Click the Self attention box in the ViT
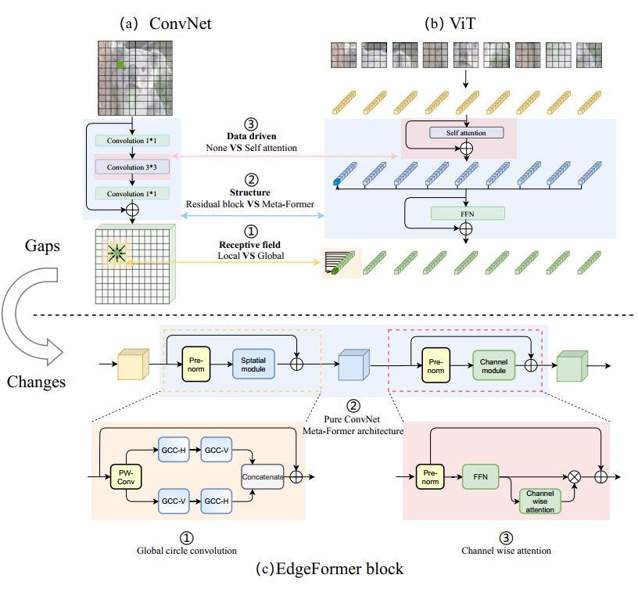[467, 133]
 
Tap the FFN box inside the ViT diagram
[467, 213]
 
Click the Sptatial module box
[253, 364]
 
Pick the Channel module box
[493, 364]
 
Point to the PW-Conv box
[126, 476]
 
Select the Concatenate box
[262, 476]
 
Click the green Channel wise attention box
[540, 501]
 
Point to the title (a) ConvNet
[165, 23]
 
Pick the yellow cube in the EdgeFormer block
[131, 365]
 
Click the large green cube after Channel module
[571, 365]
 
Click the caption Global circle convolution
[187, 550]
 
